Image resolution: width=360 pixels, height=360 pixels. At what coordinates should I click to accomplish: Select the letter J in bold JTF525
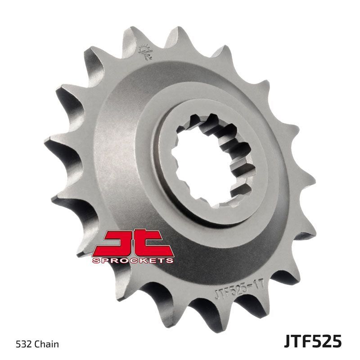[288, 341]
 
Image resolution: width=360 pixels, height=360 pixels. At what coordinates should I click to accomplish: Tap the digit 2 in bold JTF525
[327, 341]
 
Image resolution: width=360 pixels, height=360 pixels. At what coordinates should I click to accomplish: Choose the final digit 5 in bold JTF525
[337, 341]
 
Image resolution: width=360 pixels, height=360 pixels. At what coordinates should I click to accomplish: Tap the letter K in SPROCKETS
[145, 260]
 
